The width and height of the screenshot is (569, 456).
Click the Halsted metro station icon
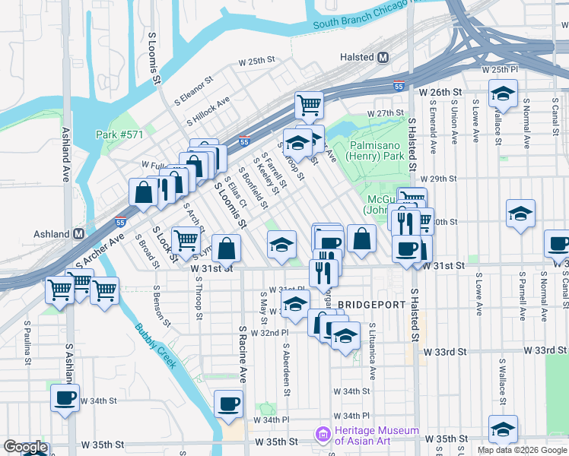pyautogui.click(x=383, y=57)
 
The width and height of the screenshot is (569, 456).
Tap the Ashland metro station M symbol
pyautogui.click(x=78, y=234)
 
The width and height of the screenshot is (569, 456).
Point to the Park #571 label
pyautogui.click(x=119, y=135)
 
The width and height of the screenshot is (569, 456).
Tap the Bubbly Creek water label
pyautogui.click(x=155, y=346)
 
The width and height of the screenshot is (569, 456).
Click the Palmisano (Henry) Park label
pyautogui.click(x=377, y=150)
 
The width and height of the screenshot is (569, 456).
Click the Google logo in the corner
pyautogui.click(x=25, y=448)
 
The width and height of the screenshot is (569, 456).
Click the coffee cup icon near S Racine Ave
pyautogui.click(x=228, y=403)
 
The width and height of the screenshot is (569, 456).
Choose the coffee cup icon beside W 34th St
pyautogui.click(x=65, y=397)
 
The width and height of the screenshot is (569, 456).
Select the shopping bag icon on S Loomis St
pyautogui.click(x=227, y=247)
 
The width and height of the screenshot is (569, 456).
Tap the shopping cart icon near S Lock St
pyautogui.click(x=186, y=240)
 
